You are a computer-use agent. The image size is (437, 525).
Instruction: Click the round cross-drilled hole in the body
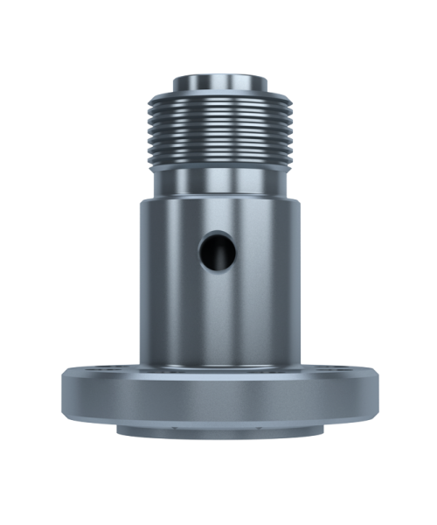217,252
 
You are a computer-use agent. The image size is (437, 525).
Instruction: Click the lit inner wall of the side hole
228,254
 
